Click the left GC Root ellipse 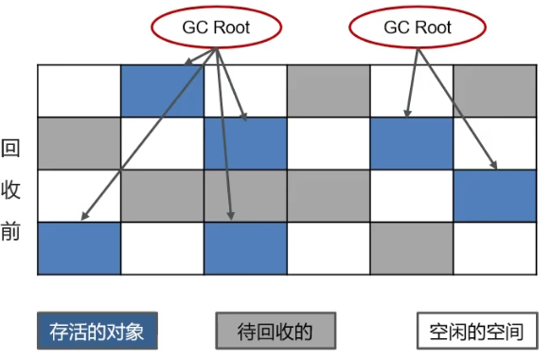(217, 28)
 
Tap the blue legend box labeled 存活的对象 (98, 332)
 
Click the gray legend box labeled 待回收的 (276, 332)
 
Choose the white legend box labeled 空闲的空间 (476, 332)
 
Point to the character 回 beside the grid (10, 149)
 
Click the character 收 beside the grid (10, 190)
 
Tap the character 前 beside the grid (10, 232)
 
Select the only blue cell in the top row (163, 91)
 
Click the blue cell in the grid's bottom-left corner (80, 248)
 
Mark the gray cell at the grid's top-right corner (495, 91)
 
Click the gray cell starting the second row (80, 143)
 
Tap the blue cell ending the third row (495, 195)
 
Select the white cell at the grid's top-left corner (80, 91)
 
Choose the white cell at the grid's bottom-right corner (495, 248)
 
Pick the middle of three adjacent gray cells (245, 195)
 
